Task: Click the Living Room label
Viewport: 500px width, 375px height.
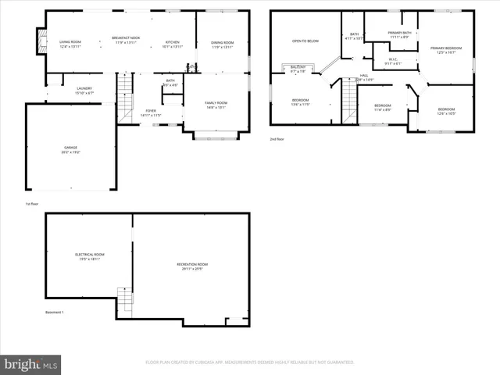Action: point(70,41)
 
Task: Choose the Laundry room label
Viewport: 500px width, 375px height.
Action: point(84,89)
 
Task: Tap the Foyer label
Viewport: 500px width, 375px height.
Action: point(150,112)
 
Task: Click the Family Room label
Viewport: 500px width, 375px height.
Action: point(216,103)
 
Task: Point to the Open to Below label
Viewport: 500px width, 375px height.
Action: point(305,41)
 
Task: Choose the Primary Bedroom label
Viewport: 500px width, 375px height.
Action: point(446,48)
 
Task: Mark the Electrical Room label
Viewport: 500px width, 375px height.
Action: point(89,255)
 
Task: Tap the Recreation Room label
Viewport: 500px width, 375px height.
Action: point(191,265)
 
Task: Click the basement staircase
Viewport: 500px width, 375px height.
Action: point(125,299)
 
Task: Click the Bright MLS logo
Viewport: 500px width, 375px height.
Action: point(31,364)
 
